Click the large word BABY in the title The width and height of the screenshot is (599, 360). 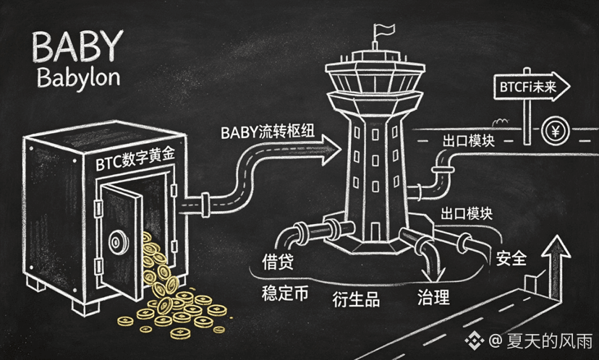point(77,46)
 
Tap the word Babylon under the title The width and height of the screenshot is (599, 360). point(79,79)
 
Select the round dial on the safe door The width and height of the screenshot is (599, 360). point(119,241)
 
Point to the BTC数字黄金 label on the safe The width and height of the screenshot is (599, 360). point(135,159)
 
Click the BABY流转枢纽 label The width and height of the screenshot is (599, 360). point(268,132)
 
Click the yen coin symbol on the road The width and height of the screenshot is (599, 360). point(555,132)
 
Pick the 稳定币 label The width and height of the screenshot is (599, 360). point(285,293)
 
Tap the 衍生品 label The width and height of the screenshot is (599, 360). point(356,299)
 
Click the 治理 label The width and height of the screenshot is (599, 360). point(434,297)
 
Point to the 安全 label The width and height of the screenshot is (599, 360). point(511,258)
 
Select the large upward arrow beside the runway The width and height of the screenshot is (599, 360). point(556,267)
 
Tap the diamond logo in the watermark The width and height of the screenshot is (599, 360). point(474,340)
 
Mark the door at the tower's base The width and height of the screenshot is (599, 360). point(375,232)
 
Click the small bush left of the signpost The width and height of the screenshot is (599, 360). point(501,122)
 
